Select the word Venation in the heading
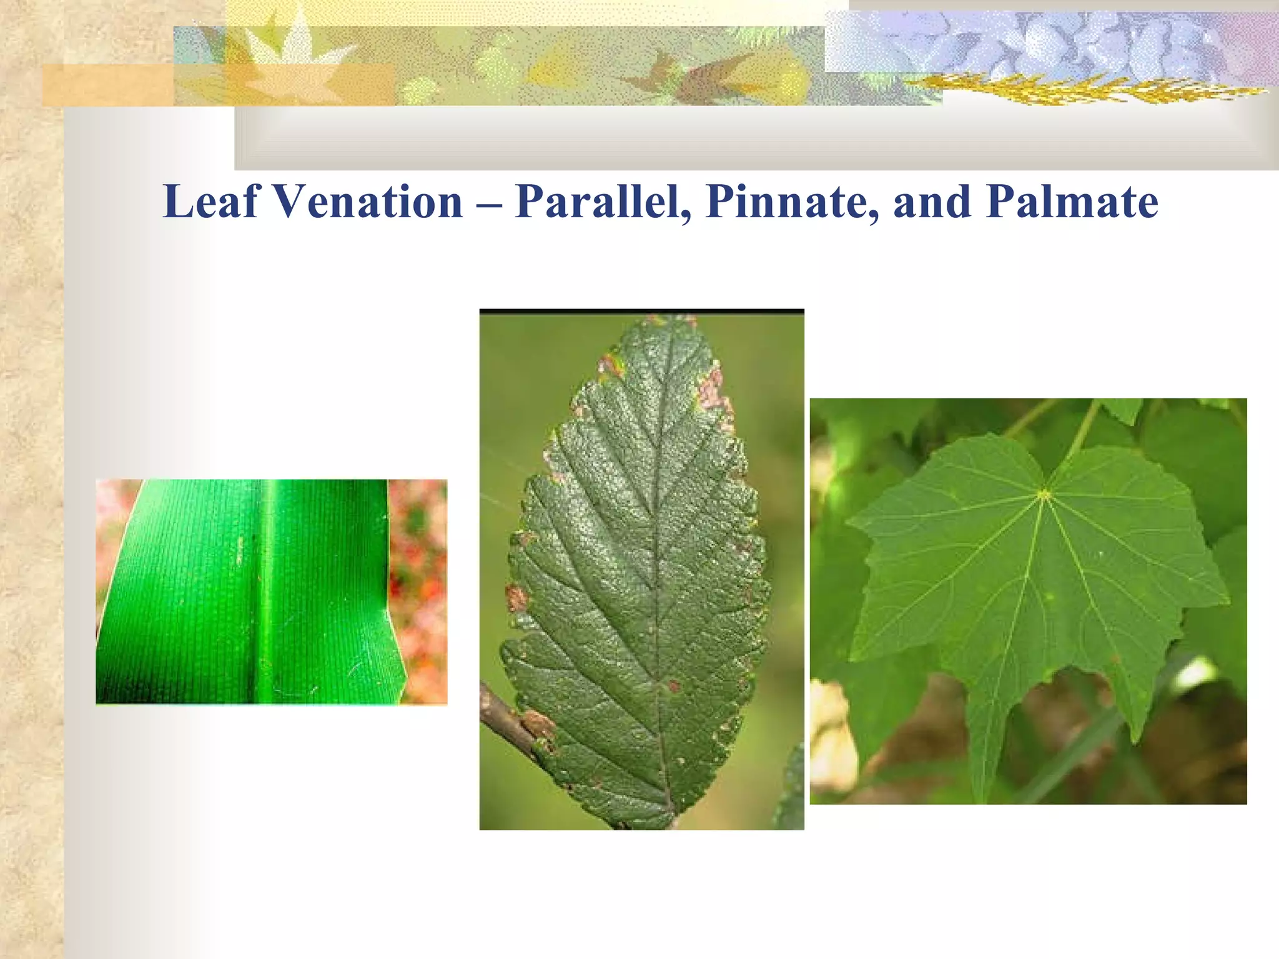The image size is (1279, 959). pyautogui.click(x=368, y=202)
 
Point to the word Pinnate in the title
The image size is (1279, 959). pyautogui.click(x=792, y=202)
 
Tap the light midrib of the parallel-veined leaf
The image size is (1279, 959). pyautogui.click(x=266, y=593)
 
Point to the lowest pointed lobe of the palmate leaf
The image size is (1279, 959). pyautogui.click(x=985, y=793)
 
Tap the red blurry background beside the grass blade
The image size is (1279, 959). pyautogui.click(x=418, y=593)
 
